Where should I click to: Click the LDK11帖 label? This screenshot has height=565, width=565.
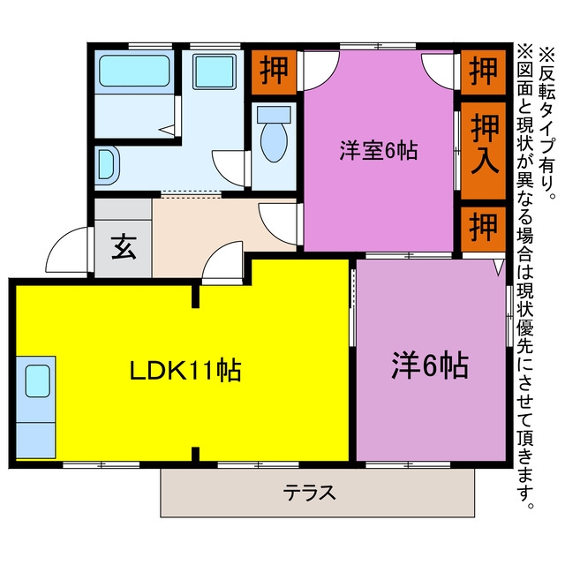[x=185, y=370]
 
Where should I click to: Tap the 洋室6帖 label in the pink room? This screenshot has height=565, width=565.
[x=379, y=151]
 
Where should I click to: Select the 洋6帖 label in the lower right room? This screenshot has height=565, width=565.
[x=430, y=365]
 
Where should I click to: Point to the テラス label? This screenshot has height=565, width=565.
[x=309, y=493]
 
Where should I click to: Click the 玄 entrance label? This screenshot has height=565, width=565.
[x=124, y=247]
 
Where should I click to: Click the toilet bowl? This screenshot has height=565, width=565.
[x=274, y=141]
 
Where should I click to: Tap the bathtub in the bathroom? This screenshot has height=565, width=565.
[x=134, y=71]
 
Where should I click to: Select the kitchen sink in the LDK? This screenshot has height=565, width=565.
[x=37, y=380]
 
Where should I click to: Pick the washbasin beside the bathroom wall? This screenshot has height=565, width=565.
[x=107, y=165]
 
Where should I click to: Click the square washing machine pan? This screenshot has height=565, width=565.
[x=215, y=72]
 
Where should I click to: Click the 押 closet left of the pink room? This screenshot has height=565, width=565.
[x=274, y=72]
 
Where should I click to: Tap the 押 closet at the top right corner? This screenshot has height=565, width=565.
[x=483, y=72]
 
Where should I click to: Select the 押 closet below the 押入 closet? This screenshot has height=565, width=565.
[x=483, y=228]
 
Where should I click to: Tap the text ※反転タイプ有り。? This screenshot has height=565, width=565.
[x=547, y=124]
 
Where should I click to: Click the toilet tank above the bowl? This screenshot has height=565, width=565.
[x=274, y=115]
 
